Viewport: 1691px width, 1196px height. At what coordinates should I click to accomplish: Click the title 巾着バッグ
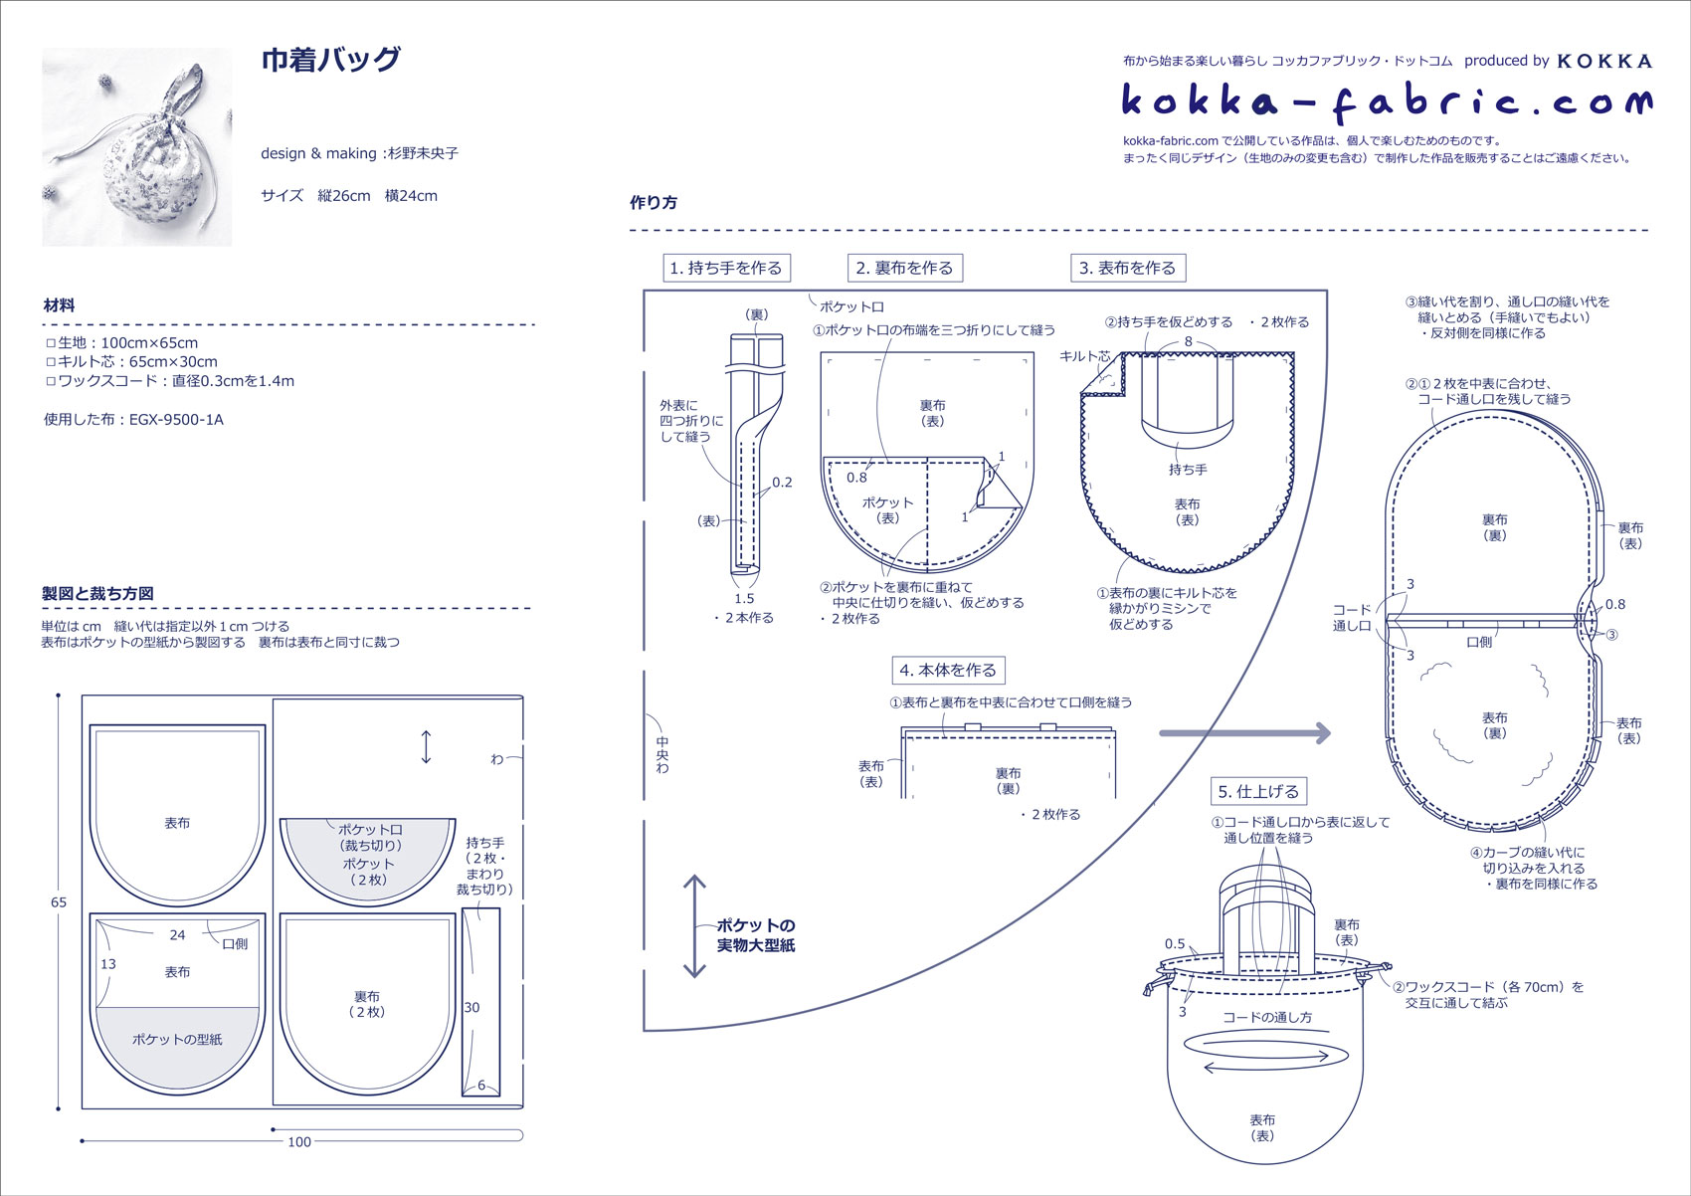tap(330, 60)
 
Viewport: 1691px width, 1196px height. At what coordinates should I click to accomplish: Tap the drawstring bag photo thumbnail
tap(136, 147)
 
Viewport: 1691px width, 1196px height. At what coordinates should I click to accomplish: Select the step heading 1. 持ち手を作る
tap(726, 268)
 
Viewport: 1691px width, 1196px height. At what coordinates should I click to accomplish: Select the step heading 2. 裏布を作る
tap(904, 268)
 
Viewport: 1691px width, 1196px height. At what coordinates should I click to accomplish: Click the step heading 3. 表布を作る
tap(1127, 268)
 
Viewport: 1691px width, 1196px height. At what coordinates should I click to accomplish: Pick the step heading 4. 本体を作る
tap(948, 671)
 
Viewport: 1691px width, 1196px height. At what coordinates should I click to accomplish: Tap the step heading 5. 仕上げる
tap(1258, 792)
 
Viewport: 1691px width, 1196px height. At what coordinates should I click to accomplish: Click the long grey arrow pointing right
tap(1244, 733)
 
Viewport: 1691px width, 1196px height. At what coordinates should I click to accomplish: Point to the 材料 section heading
tap(59, 305)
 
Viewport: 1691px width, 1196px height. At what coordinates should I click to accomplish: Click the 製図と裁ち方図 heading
tap(97, 593)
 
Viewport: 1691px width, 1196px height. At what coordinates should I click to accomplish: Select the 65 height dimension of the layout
tap(59, 902)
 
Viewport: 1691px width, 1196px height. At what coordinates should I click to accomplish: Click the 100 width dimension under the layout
tap(298, 1142)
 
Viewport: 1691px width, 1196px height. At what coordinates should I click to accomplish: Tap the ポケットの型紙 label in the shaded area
tap(177, 1039)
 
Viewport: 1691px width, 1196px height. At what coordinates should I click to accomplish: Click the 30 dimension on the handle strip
tap(471, 1007)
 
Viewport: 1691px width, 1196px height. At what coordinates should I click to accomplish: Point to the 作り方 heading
tap(654, 203)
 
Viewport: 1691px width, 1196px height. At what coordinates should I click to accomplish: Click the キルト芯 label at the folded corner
tap(1084, 355)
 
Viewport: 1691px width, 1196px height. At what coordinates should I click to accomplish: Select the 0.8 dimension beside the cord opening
tap(1615, 604)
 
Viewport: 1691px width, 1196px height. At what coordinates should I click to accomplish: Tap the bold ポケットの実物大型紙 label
tap(756, 935)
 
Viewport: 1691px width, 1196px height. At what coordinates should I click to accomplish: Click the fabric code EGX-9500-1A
tap(176, 420)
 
